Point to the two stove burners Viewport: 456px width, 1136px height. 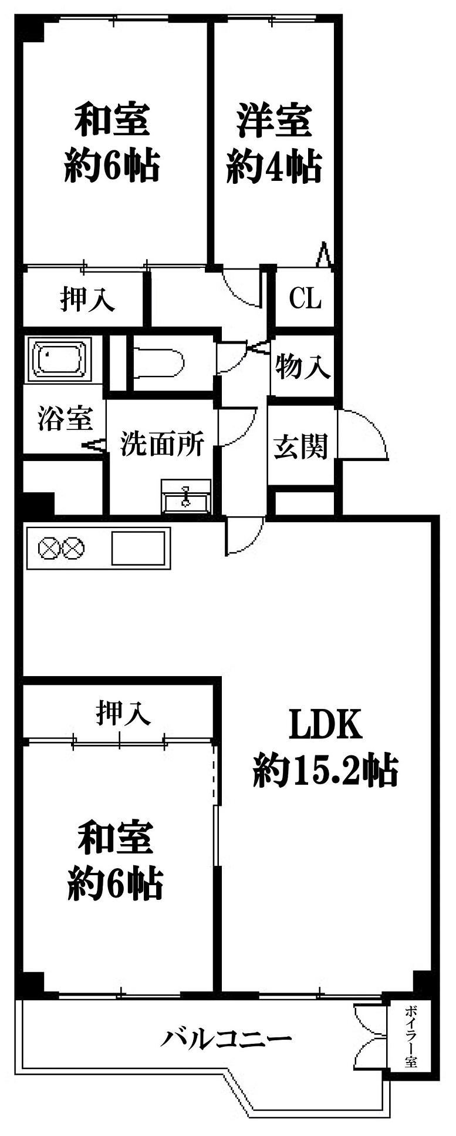click(x=60, y=549)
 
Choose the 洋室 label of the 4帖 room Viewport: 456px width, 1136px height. click(x=274, y=121)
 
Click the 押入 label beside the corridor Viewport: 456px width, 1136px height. click(x=87, y=299)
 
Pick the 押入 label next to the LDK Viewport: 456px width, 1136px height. click(x=123, y=713)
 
